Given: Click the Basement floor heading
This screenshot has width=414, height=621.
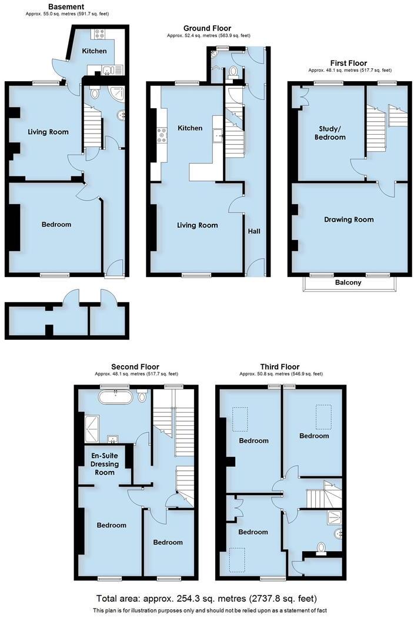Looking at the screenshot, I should coord(66,6).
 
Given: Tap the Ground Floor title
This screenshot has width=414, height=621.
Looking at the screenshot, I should coord(207,28).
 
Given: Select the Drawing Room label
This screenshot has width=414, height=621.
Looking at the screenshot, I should coord(349,219).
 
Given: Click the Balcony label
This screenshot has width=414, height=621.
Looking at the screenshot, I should coord(348,282).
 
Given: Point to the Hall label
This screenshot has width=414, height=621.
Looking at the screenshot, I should coord(254,231).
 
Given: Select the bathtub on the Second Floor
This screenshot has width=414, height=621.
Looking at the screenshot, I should coord(115,397).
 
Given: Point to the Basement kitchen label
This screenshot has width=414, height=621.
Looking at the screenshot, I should coord(94,51).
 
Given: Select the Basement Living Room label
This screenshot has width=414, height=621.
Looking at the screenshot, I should coord(48,132).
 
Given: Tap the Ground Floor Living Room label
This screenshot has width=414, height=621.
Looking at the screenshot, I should coord(198,225).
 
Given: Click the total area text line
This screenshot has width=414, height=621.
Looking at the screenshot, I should coord(207,599).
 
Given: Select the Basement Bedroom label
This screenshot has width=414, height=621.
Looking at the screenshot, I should coord(56,224).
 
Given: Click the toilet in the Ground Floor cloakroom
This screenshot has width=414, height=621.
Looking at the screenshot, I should coord(233,72).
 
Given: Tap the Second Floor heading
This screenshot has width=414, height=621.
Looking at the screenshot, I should coord(136,366).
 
